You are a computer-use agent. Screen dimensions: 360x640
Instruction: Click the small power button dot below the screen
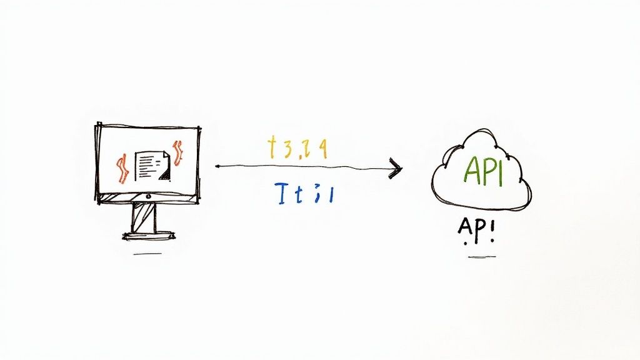point(148,196)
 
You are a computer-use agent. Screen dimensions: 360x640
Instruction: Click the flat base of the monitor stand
point(148,236)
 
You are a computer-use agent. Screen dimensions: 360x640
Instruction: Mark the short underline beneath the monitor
point(147,254)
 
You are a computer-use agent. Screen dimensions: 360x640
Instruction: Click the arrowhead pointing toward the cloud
point(395,167)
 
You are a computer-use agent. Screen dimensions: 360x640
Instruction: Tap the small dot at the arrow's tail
point(216,167)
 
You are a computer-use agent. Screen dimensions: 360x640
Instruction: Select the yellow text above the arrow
point(296,148)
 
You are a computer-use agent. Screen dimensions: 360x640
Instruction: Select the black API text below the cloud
point(476,231)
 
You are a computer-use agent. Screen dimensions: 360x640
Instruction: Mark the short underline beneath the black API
point(482,256)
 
